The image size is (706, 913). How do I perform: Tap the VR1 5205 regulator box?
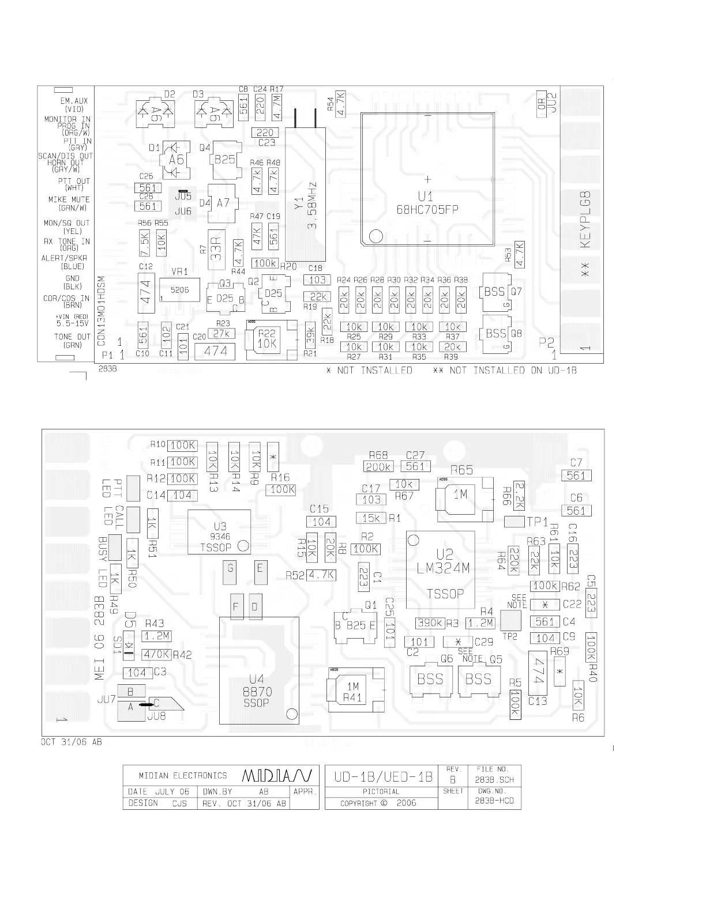pyautogui.click(x=179, y=290)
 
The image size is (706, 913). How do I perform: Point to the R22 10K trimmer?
pyautogui.click(x=267, y=339)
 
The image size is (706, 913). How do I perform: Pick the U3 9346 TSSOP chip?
pyautogui.click(x=219, y=533)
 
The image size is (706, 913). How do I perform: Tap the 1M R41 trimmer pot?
pyautogui.click(x=353, y=690)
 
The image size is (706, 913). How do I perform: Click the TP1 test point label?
pyautogui.click(x=537, y=522)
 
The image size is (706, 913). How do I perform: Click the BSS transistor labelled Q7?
pyautogui.click(x=495, y=292)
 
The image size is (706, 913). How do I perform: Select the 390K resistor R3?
pyautogui.click(x=430, y=623)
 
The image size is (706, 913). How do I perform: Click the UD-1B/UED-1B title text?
pyautogui.click(x=383, y=776)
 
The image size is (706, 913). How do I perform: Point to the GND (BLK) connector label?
pyautogui.click(x=73, y=282)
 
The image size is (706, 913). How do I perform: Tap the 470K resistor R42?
pyautogui.click(x=157, y=654)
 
